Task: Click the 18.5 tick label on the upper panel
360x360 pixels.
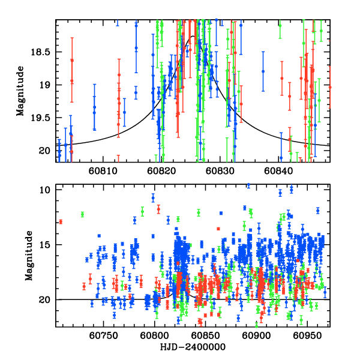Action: coord(44,52)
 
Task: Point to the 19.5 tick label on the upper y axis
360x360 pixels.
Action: coord(44,118)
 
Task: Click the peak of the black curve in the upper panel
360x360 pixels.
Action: coord(193,36)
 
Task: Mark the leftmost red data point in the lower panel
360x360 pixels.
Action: coord(61,221)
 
